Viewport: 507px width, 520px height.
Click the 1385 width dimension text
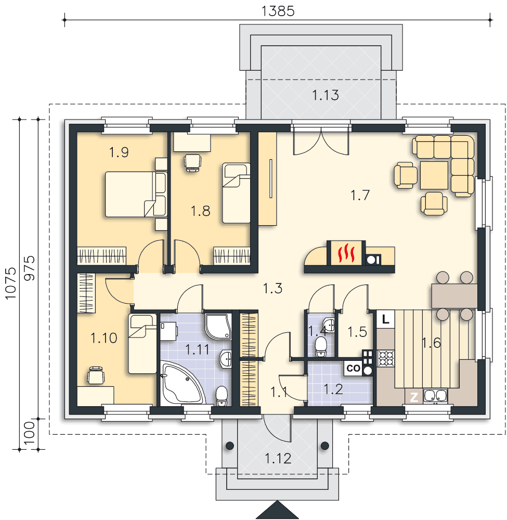coord(278,11)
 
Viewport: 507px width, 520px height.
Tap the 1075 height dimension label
coord(11,283)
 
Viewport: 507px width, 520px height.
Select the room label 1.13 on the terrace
coord(326,95)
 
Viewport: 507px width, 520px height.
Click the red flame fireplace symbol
coord(346,253)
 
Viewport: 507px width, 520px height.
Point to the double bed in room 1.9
coord(136,194)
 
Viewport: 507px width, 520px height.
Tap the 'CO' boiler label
coord(353,368)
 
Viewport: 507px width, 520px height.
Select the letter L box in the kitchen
coord(385,319)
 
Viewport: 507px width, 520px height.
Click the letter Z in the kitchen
coord(414,397)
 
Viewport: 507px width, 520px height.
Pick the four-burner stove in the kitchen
coord(386,358)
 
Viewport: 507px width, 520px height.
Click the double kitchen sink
coord(435,396)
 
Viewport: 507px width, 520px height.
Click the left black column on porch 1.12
coord(230,446)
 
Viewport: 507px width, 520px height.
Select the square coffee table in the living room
coord(434,175)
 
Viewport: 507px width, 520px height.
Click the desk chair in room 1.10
coord(96,375)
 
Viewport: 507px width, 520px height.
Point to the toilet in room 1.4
coord(321,346)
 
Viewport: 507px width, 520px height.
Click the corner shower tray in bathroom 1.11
coord(218,327)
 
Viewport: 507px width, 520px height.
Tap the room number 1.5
coord(357,332)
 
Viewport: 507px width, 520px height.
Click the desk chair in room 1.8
coord(192,163)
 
